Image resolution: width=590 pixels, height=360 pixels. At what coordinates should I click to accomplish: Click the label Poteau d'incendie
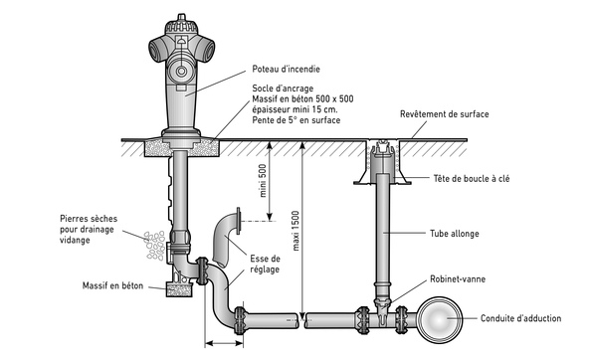pos(286,70)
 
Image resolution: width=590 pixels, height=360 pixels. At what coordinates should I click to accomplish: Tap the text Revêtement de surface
pos(445,114)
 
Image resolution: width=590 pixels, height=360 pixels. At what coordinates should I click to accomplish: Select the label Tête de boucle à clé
pos(472,178)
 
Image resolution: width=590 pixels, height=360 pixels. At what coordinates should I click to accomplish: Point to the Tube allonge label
pos(455,234)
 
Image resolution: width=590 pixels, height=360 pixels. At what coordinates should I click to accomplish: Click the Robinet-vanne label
pos(458,279)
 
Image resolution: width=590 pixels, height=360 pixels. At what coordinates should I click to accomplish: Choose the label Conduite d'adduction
pos(520,318)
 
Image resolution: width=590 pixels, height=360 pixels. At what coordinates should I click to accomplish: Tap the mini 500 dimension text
pos(263,181)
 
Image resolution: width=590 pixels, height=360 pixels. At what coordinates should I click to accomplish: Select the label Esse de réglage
pos(266,265)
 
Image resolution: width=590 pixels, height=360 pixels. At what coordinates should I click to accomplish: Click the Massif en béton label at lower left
pos(112,285)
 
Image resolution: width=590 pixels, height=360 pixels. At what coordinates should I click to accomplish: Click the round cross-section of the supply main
pos(440,320)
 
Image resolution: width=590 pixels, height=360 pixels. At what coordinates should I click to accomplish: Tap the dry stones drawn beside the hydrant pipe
pos(155,246)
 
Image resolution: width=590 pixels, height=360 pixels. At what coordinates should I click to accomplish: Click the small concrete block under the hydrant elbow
pos(179,290)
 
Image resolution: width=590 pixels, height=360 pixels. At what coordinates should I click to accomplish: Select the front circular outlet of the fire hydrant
pos(182,71)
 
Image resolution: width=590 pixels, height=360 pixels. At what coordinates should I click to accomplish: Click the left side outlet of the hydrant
pos(157,50)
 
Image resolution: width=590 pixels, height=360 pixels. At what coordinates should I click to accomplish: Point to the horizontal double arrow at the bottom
pos(224,343)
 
